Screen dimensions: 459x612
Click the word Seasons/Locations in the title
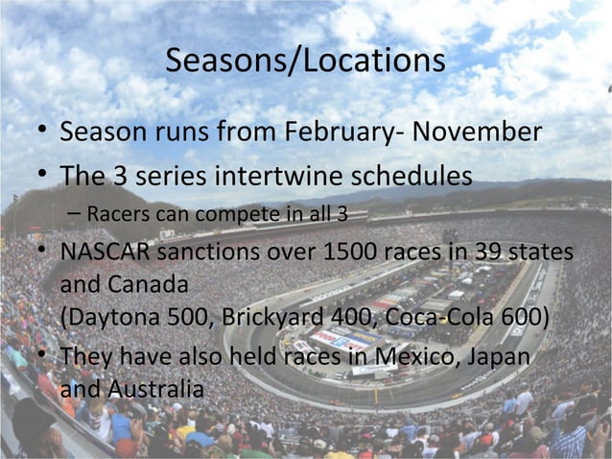(x=305, y=61)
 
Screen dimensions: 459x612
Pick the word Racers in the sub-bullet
(x=115, y=213)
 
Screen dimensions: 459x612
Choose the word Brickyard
(x=266, y=317)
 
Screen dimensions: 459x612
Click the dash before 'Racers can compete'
(x=74, y=213)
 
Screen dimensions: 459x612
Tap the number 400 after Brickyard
(x=355, y=317)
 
